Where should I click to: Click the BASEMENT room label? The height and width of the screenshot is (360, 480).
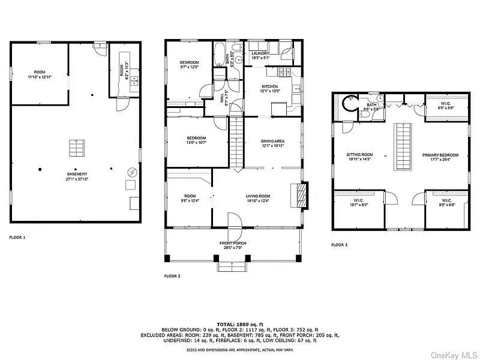click(x=76, y=176)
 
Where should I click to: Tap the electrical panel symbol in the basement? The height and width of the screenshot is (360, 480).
click(x=131, y=173)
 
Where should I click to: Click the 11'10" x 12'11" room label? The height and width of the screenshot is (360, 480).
click(x=40, y=75)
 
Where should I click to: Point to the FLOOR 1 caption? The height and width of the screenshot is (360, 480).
click(x=17, y=238)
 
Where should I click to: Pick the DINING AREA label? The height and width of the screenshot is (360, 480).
click(x=272, y=143)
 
